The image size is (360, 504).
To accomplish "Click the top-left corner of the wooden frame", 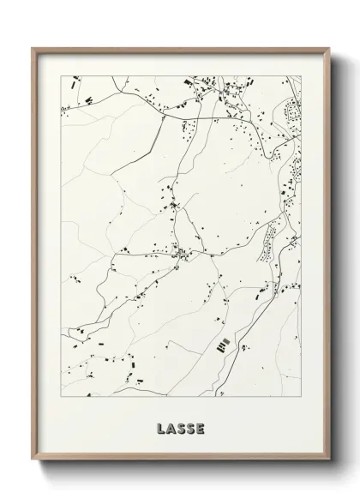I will (x=33, y=47).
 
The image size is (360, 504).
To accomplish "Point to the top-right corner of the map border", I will (x=301, y=75).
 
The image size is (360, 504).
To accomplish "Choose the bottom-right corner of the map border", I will (x=301, y=397).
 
